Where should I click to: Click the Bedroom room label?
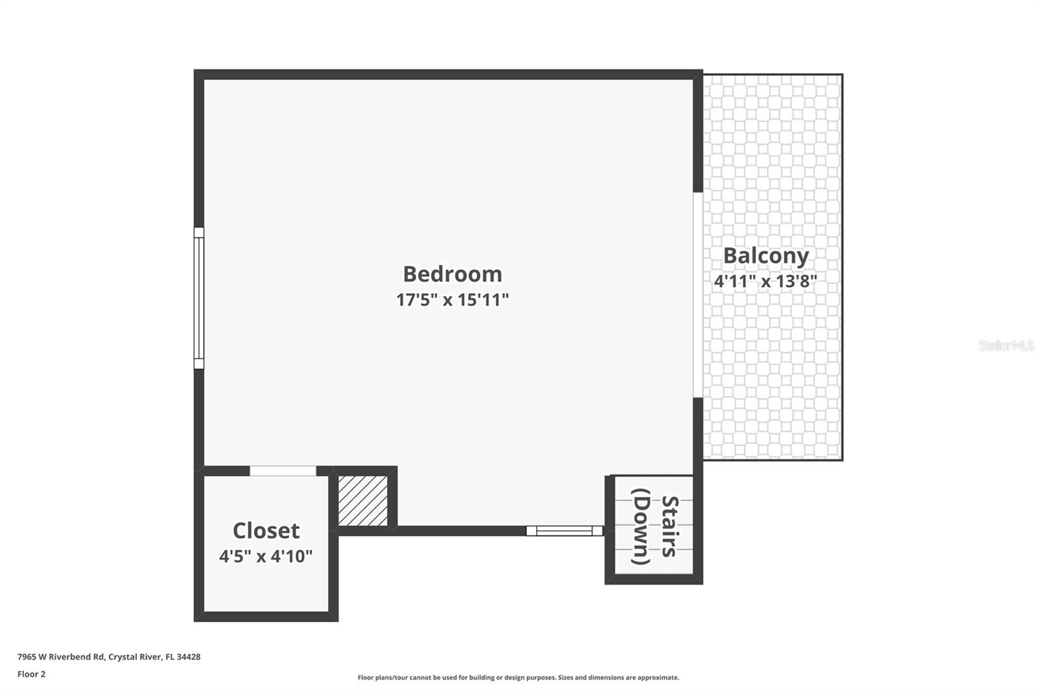pyautogui.click(x=452, y=274)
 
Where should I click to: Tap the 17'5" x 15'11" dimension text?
pyautogui.click(x=452, y=300)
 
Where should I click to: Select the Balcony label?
pyautogui.click(x=765, y=256)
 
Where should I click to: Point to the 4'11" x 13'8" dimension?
pyautogui.click(x=765, y=281)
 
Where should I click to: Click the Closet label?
pyautogui.click(x=266, y=531)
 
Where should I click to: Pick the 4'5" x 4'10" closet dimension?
pyautogui.click(x=266, y=556)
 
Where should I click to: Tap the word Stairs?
pyautogui.click(x=670, y=526)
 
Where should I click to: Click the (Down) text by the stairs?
pyautogui.click(x=640, y=526)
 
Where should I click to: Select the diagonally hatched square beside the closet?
pyautogui.click(x=363, y=500)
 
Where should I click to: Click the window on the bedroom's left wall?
pyautogui.click(x=199, y=298)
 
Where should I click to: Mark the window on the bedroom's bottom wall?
pyautogui.click(x=565, y=531)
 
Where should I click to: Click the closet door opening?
pyautogui.click(x=283, y=471)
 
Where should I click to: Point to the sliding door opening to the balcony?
pyautogui.click(x=697, y=295)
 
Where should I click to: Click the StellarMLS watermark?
pyautogui.click(x=1006, y=345)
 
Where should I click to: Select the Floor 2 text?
pyautogui.click(x=31, y=674)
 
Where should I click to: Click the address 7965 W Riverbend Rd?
pyautogui.click(x=60, y=657)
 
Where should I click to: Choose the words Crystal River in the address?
pyautogui.click(x=134, y=657)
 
